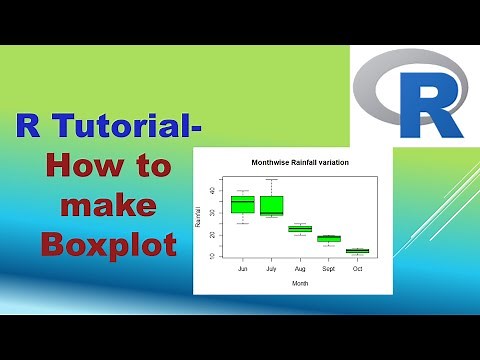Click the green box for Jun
(241, 204)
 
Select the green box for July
(271, 205)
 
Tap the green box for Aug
(300, 229)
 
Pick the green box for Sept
(329, 238)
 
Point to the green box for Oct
(357, 251)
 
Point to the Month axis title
(300, 284)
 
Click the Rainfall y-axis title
(199, 222)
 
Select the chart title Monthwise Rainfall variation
(300, 162)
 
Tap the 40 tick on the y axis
(211, 191)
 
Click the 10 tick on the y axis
(211, 256)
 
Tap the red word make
(108, 205)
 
